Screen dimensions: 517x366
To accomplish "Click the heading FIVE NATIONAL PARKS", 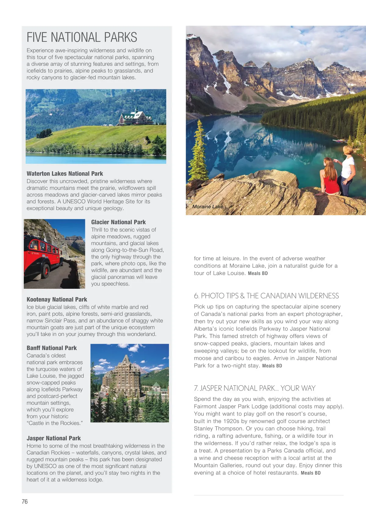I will (x=82, y=37).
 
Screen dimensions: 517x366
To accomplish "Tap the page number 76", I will (x=25, y=501).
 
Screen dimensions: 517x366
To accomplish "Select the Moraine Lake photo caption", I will (x=207, y=206).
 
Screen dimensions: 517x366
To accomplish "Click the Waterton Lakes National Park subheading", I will (x=65, y=173).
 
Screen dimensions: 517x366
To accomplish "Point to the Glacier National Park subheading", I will (x=118, y=222).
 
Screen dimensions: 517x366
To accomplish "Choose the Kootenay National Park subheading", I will (x=57, y=299).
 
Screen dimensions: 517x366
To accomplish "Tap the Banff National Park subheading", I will (x=52, y=348).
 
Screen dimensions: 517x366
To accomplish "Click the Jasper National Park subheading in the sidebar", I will (x=54, y=438).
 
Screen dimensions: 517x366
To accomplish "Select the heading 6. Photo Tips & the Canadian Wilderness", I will (x=266, y=296).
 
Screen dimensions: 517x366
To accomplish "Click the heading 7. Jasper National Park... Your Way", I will (x=254, y=388).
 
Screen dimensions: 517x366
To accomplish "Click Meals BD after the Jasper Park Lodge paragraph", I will (x=310, y=473).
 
